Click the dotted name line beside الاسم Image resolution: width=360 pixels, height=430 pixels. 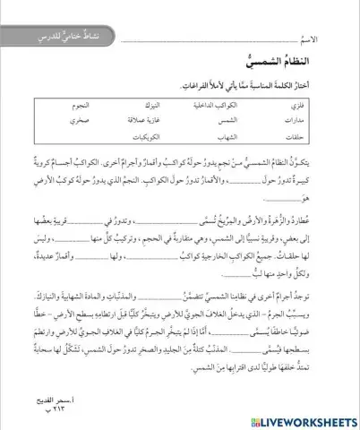[206, 43]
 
